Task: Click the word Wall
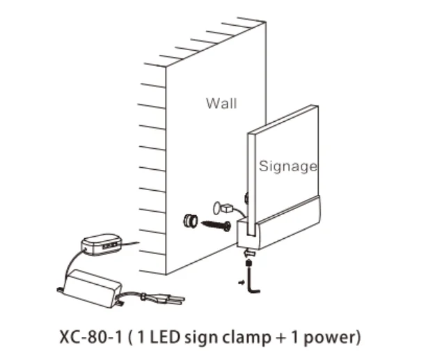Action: pos(221,103)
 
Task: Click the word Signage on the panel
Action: pos(287,166)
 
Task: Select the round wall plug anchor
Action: pos(189,221)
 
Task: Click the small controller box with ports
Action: pos(102,244)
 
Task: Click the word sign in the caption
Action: pos(198,339)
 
